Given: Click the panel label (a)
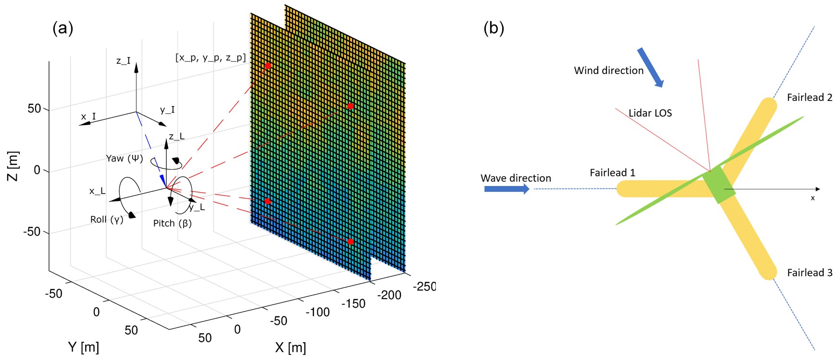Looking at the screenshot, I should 62,28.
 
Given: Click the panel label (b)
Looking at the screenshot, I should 494,28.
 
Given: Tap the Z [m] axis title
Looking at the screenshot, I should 13,166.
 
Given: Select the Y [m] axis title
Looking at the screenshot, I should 84,347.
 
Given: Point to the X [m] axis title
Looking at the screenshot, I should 290,348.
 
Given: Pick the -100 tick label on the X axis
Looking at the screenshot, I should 318,312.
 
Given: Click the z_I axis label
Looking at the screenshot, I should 124,61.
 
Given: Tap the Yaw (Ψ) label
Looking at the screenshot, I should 124,159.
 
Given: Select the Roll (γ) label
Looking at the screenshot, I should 107,220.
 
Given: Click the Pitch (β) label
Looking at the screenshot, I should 173,223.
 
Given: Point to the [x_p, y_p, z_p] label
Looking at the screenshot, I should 210,58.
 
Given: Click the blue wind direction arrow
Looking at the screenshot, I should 650,67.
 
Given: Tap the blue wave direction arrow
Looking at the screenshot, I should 506,189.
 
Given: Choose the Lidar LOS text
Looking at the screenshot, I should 650,113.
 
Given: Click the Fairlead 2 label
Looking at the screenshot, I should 809,98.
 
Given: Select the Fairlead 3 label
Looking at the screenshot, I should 809,273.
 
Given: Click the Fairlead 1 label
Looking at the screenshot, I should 612,173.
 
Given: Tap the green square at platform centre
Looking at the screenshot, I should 718,185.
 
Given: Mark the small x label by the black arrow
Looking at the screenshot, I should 813,198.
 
